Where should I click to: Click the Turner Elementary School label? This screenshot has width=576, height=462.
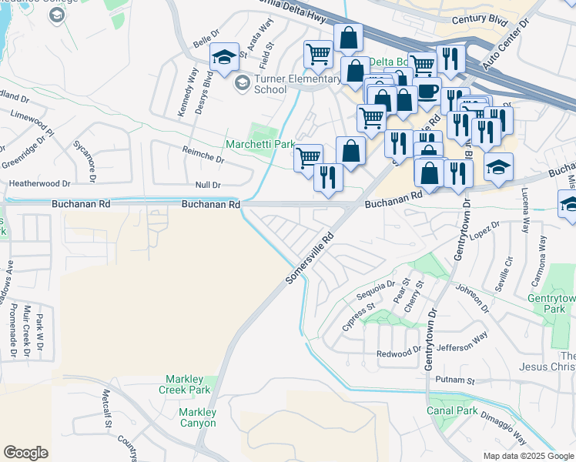pos(296,84)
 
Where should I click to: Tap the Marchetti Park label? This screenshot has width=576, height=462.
pos(260,144)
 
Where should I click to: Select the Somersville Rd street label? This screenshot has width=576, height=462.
pos(312,256)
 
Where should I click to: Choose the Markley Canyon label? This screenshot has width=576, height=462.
pos(198,417)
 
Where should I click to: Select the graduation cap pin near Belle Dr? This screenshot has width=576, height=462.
pos(224,58)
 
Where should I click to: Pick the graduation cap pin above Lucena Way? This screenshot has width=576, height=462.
pos(498,166)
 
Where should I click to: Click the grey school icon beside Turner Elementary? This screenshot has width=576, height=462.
pos(242,83)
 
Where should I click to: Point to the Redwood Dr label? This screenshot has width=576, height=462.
pos(399,353)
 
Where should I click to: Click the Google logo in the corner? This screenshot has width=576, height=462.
pos(26,453)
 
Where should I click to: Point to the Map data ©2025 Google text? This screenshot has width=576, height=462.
pos(527,456)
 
